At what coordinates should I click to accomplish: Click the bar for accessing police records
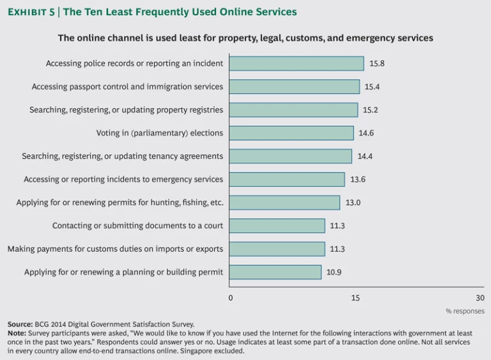point(296,63)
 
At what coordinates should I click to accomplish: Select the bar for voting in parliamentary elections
point(291,133)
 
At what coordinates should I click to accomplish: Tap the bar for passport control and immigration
point(294,86)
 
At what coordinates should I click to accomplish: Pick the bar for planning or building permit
point(275,272)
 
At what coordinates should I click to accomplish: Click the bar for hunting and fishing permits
point(284,203)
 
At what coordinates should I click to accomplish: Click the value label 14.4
point(364,156)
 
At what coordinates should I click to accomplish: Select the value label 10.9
point(334,272)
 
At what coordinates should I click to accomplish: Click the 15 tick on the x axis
point(355,298)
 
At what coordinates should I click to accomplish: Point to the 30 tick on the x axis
point(480,298)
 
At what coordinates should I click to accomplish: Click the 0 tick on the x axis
point(231,298)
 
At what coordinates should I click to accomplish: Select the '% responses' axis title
point(465,311)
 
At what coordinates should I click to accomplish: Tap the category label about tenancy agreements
point(123,156)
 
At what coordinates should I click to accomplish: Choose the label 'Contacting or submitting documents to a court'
point(137,226)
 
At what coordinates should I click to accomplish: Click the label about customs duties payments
point(116,249)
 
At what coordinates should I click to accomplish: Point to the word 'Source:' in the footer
point(20,324)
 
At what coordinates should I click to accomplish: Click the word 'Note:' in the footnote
point(17,333)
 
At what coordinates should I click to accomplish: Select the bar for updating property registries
point(293,110)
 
